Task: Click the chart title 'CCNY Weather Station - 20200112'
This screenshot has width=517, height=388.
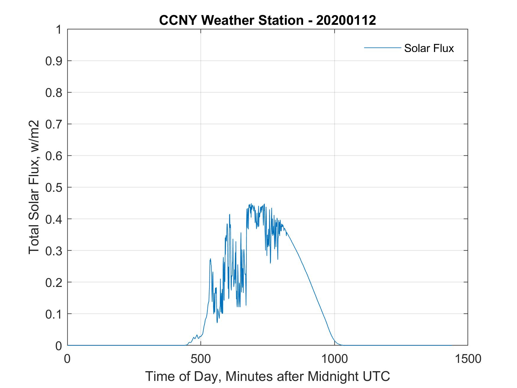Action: coord(267,20)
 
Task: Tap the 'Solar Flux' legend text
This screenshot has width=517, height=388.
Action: coord(429,48)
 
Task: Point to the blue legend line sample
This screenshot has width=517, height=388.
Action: coord(382,48)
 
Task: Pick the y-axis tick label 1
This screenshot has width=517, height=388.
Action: coord(58,30)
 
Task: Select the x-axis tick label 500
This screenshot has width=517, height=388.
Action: coord(201,359)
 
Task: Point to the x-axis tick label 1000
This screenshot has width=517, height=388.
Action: coord(334,359)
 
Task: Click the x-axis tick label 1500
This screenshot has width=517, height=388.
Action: coord(468,359)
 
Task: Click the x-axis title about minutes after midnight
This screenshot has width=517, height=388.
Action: coord(267,376)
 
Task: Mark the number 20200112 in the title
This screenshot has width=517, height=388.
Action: coord(346,20)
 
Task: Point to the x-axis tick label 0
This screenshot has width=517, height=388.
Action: coord(68,359)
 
